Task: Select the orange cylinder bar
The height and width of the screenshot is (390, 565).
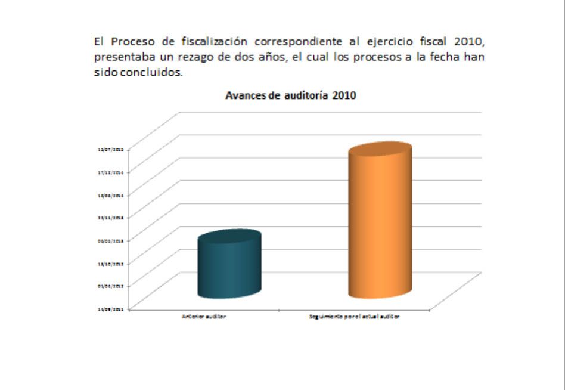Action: click(x=380, y=227)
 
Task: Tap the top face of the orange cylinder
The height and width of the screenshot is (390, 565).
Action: click(x=380, y=150)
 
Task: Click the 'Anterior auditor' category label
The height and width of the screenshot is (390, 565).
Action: click(x=204, y=317)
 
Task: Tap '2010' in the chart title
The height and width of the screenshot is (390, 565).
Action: click(x=344, y=95)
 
